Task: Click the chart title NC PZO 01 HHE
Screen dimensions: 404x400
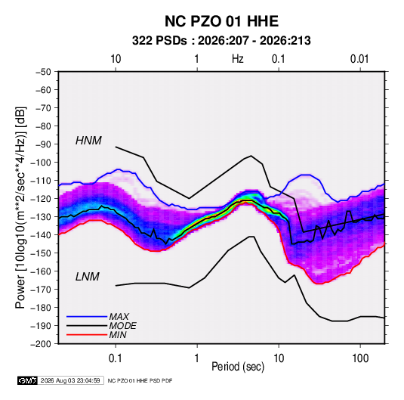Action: click(x=221, y=21)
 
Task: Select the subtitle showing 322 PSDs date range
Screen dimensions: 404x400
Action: click(x=221, y=41)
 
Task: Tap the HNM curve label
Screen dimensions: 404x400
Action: click(x=88, y=141)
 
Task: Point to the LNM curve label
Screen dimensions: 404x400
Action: click(x=88, y=277)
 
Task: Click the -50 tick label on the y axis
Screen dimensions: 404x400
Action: click(x=43, y=72)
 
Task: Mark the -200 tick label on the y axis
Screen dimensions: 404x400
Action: click(x=41, y=344)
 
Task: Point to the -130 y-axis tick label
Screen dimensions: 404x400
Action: click(x=41, y=217)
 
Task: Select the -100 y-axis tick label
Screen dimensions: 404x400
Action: click(x=41, y=163)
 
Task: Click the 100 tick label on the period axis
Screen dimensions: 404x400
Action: click(x=360, y=358)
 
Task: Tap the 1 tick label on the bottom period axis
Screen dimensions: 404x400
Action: click(x=197, y=358)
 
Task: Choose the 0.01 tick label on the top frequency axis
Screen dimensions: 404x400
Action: click(x=359, y=59)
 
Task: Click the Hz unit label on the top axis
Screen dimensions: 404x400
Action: click(x=238, y=59)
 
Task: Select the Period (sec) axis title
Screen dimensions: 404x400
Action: click(x=238, y=367)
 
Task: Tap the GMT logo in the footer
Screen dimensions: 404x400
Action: click(x=28, y=380)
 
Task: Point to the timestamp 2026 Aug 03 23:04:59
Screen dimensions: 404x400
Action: click(x=70, y=380)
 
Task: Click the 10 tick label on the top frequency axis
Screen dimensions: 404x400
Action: click(x=116, y=59)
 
